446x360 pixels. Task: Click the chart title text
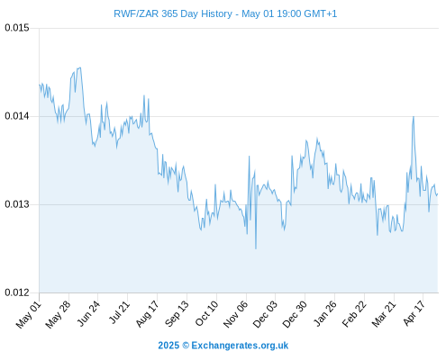click(225, 13)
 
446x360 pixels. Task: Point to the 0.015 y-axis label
click(17, 28)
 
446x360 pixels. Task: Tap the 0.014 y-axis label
click(17, 116)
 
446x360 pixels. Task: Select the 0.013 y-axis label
click(17, 204)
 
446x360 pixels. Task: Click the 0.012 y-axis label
click(17, 292)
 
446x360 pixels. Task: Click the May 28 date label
click(59, 314)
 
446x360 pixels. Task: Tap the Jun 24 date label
click(88, 313)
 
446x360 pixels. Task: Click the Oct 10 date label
click(206, 313)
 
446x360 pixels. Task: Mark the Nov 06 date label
click(235, 314)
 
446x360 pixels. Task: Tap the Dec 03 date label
click(265, 314)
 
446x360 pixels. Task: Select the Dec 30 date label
click(295, 314)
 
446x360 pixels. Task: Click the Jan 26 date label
click(324, 313)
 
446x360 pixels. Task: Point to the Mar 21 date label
click(384, 313)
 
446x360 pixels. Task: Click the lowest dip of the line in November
click(256, 248)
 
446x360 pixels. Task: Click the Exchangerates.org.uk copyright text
click(223, 346)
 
